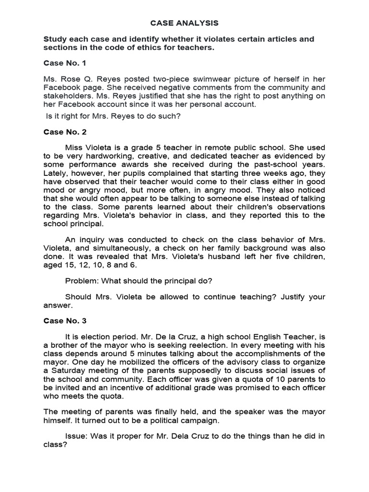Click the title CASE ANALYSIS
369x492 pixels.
[184, 23]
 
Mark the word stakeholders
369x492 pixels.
[65, 96]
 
